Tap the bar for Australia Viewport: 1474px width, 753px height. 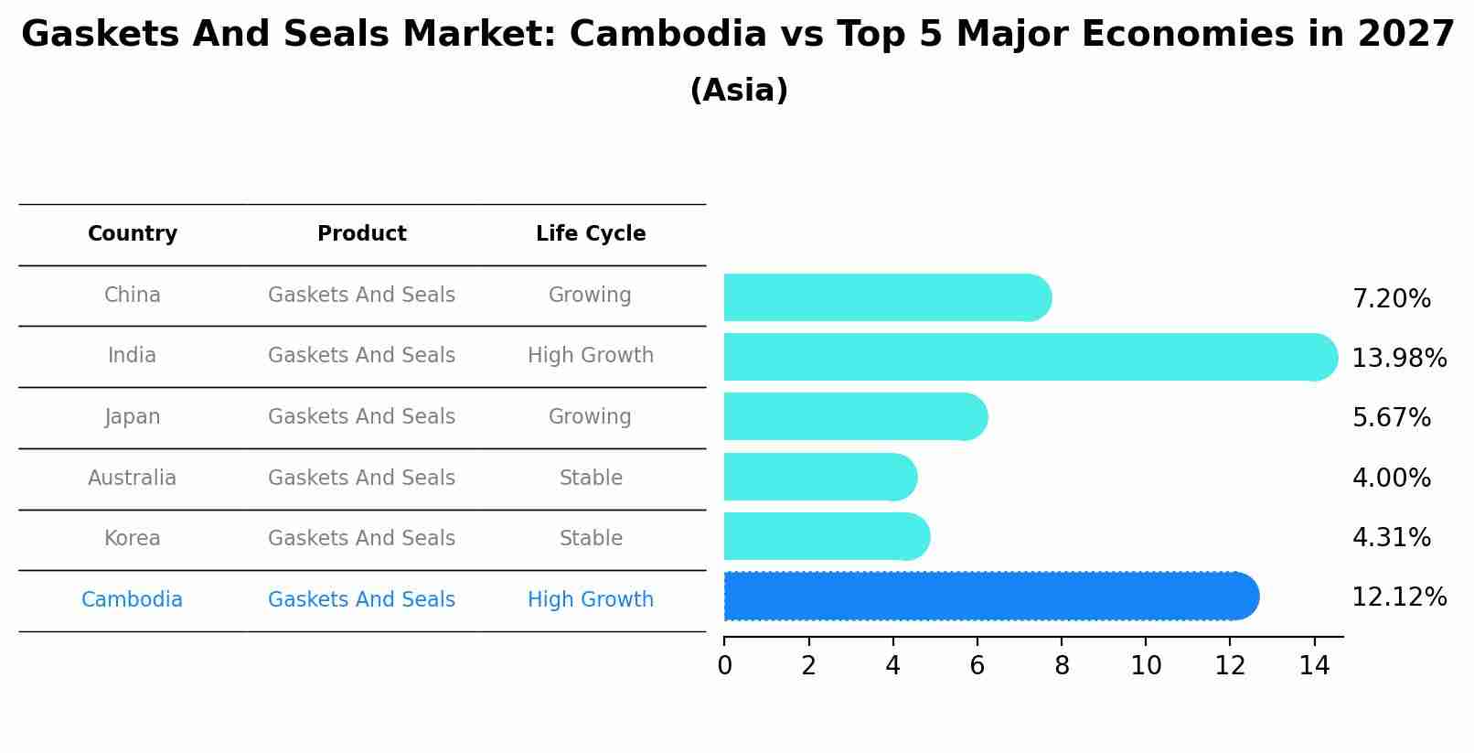[x=819, y=477]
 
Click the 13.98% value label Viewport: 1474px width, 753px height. [x=1398, y=359]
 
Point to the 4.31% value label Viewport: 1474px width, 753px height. [x=1391, y=538]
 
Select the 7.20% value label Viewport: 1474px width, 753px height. [x=1391, y=299]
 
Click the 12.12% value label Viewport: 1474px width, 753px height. [x=1398, y=597]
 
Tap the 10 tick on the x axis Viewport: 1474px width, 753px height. [x=1145, y=666]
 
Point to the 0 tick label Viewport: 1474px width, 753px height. [x=724, y=666]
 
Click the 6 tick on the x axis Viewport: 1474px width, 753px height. [x=977, y=666]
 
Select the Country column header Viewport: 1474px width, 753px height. [x=133, y=234]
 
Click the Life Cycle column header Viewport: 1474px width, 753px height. [x=591, y=234]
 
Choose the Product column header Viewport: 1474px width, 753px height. [x=361, y=234]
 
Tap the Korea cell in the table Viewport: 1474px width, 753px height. [x=133, y=539]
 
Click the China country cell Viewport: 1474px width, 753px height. [x=133, y=296]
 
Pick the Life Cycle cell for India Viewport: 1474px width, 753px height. [x=591, y=356]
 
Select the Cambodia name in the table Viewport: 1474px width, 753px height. [x=133, y=600]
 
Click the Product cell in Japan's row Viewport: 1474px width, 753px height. [x=361, y=417]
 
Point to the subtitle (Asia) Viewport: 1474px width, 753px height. [x=739, y=91]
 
